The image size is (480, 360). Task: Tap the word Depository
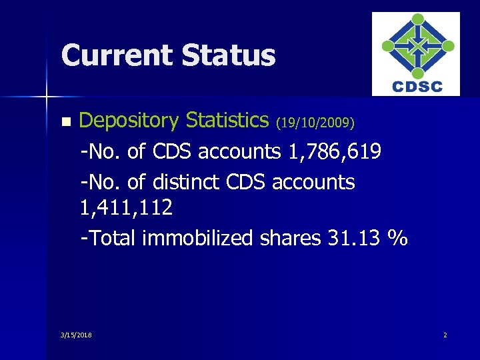(129, 121)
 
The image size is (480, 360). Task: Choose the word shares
(289, 238)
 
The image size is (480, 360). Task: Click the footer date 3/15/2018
(76, 334)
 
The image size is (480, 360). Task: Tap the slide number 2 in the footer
(445, 334)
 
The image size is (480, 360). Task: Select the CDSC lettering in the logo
(417, 87)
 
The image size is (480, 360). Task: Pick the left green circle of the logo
(387, 46)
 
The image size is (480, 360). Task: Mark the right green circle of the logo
(448, 46)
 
